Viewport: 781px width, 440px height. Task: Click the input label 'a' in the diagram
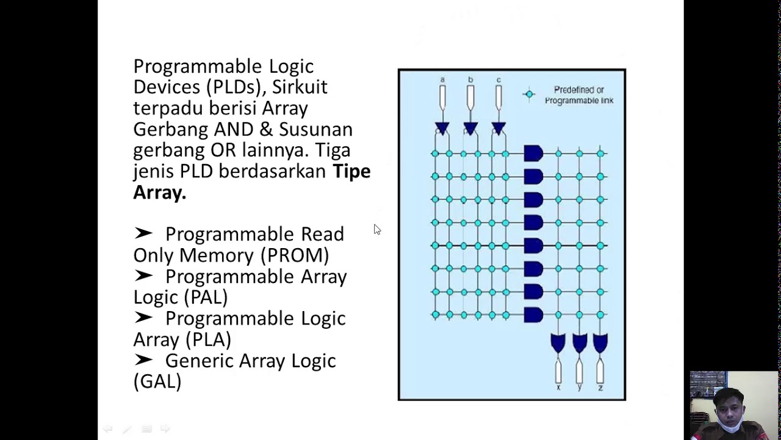(442, 80)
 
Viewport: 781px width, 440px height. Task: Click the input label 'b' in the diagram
(470, 80)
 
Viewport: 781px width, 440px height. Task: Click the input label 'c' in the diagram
(498, 80)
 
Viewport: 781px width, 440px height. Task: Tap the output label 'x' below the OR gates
(558, 387)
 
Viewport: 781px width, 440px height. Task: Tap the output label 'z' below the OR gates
(600, 387)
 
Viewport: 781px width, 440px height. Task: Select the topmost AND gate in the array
(533, 153)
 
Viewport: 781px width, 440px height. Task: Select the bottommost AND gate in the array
(533, 315)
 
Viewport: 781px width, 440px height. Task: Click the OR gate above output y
(579, 343)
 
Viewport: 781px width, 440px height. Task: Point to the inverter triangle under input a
(442, 128)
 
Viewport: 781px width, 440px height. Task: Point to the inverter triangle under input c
(498, 128)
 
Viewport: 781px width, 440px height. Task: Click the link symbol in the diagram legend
(529, 94)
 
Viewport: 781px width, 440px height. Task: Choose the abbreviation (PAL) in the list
(206, 297)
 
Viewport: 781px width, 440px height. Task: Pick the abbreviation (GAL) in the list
(157, 381)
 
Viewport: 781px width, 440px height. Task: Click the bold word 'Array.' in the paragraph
(159, 193)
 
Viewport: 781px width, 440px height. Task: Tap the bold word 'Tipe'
(351, 171)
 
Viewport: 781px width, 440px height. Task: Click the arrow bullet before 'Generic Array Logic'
(143, 360)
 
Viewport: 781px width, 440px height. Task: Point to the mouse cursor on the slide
(376, 229)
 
